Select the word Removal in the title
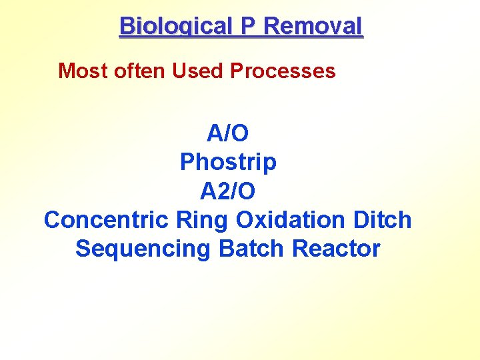point(313,26)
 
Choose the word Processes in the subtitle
point(283,71)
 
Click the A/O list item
point(227,133)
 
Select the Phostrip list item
point(228,162)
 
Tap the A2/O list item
point(227,191)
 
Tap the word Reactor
point(336,248)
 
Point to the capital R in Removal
point(272,26)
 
